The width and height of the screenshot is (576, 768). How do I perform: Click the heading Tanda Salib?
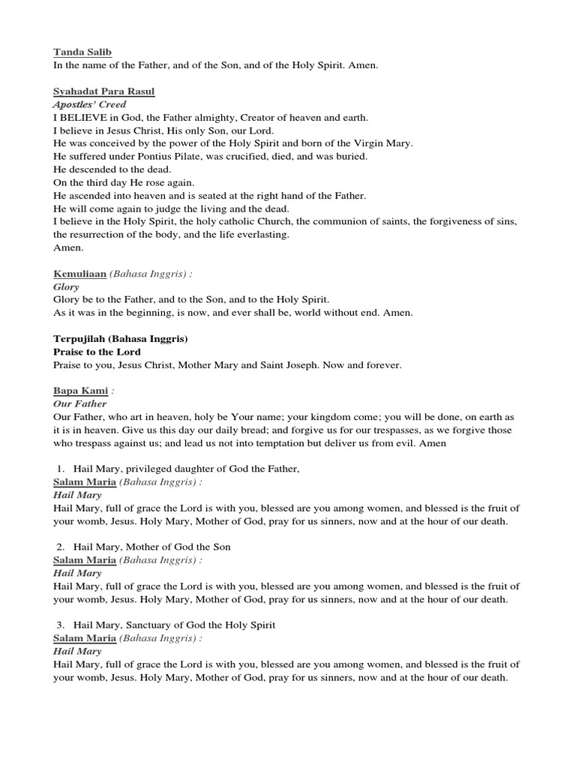tap(82, 52)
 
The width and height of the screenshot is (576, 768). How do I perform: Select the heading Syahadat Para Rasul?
tap(103, 91)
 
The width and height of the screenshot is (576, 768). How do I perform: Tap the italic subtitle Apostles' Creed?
tap(89, 104)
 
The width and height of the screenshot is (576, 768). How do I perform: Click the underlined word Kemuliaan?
tap(80, 274)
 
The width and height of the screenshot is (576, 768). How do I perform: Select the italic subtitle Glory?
tap(66, 286)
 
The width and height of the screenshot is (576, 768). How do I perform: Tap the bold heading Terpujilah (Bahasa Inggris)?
tap(120, 339)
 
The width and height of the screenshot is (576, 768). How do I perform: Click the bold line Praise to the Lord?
tap(97, 352)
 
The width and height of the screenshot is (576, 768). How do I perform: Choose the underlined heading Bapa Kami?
tap(76, 391)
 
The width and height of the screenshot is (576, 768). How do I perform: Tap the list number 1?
tap(60, 469)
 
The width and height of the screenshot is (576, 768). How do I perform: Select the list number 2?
tap(60, 547)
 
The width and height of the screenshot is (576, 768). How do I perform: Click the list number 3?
tap(60, 625)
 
